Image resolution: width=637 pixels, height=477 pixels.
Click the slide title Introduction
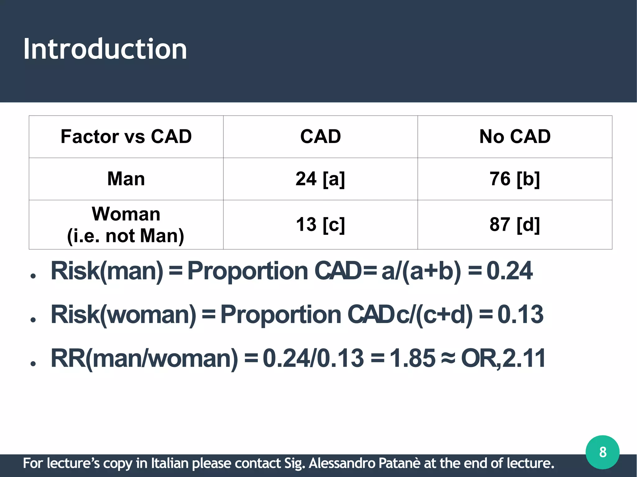[x=105, y=49]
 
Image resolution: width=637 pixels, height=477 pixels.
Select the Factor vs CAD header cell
[x=126, y=137]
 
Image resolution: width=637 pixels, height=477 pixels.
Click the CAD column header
[x=320, y=137]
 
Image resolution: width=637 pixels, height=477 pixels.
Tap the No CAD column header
[x=515, y=137]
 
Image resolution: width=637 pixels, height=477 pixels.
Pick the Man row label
[x=126, y=179]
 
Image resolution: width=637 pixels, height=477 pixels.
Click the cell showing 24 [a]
[x=320, y=179]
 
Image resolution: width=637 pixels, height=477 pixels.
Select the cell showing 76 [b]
[x=515, y=179]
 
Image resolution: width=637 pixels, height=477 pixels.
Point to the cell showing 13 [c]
[x=320, y=224]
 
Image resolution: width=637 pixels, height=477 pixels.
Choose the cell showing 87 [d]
[x=515, y=224]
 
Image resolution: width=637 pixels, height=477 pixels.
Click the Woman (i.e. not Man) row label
[x=126, y=225]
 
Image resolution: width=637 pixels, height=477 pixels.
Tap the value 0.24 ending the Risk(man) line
[x=509, y=271]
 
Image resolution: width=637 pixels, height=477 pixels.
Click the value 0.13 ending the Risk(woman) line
[x=520, y=314]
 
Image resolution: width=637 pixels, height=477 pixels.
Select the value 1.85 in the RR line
[x=412, y=358]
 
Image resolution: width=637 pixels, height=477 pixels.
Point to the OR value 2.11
[x=524, y=358]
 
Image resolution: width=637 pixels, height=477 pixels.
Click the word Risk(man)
[x=107, y=271]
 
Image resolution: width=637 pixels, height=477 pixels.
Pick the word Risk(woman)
[x=123, y=314]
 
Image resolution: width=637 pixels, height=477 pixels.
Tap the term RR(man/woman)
[x=144, y=358]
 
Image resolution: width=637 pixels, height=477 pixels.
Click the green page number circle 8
[x=602, y=452]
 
